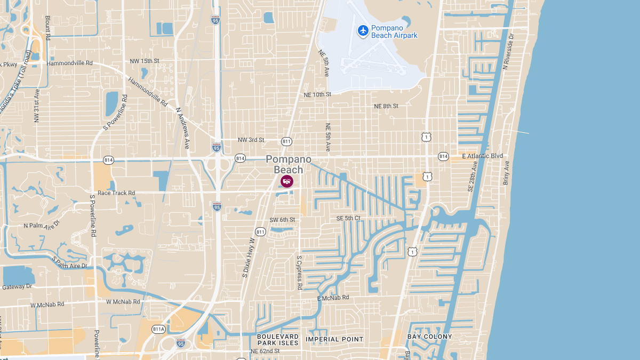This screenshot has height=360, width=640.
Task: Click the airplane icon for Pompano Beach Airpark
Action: [x=363, y=30]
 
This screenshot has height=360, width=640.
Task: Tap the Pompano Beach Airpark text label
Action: [x=394, y=31]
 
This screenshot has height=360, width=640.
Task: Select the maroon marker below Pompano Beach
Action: [x=286, y=181]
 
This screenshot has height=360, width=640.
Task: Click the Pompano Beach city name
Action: [x=289, y=164]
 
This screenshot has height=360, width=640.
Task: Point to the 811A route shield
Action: [x=159, y=329]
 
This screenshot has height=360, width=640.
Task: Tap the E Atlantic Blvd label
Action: [x=482, y=156]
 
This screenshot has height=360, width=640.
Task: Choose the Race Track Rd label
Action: [x=116, y=193]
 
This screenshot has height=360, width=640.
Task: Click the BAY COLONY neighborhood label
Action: [x=429, y=337]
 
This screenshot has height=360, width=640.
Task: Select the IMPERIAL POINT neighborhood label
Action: [x=334, y=339]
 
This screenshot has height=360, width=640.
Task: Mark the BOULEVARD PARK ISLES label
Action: [x=278, y=340]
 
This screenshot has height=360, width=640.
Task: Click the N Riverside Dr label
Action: [x=507, y=52]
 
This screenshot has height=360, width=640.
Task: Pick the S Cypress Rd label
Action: [x=300, y=273]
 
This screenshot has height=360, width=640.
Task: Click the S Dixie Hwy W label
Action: [x=248, y=257]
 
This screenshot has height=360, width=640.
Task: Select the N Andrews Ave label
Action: [x=183, y=128]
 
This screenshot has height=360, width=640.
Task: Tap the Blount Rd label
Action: [x=47, y=27]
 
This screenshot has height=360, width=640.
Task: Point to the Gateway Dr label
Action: [x=17, y=286]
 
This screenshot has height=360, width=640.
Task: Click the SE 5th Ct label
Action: [x=348, y=218]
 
